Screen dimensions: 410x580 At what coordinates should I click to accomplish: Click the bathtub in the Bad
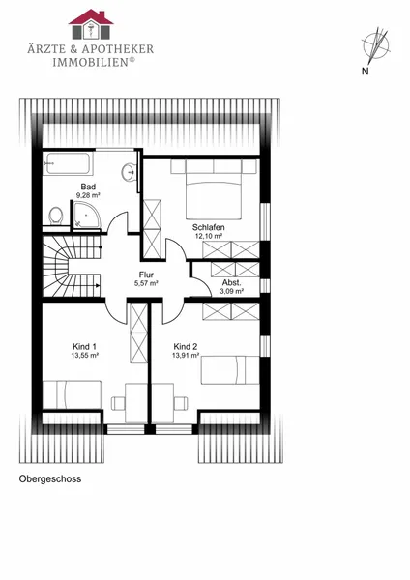pos(68,163)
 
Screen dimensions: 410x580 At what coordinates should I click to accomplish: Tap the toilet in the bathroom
pos(55,216)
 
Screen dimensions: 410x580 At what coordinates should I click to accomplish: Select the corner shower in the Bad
pos(86,215)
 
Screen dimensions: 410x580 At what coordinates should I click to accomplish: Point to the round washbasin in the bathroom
pos(130,172)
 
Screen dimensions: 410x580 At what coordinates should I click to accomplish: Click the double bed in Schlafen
pos(214,189)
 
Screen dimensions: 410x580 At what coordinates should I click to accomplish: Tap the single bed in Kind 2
pos(230,370)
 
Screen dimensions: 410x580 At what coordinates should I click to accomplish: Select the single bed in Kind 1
pos(73,394)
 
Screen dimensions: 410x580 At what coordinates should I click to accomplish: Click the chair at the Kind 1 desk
pos(118,403)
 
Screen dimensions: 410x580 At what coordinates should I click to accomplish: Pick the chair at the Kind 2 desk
pos(181,403)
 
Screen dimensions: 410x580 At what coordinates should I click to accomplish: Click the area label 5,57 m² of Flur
pos(146,283)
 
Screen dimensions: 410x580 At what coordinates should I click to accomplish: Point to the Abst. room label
pos(232,283)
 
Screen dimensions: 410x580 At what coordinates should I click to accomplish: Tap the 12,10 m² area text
pos(209,236)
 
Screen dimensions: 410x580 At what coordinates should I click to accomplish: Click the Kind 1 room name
pos(85,347)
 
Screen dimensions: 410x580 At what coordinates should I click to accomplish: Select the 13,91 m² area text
pos(186,355)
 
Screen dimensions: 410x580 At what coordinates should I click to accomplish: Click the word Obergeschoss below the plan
pos(50,478)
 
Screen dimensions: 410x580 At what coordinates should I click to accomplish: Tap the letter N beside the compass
pos(366,71)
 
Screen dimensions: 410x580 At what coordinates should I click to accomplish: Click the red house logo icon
pos(91,24)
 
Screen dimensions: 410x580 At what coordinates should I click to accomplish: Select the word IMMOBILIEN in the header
pos(91,62)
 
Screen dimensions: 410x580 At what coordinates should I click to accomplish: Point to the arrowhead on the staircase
pos(97,285)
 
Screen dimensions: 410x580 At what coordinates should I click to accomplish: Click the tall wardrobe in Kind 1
pos(139,333)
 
